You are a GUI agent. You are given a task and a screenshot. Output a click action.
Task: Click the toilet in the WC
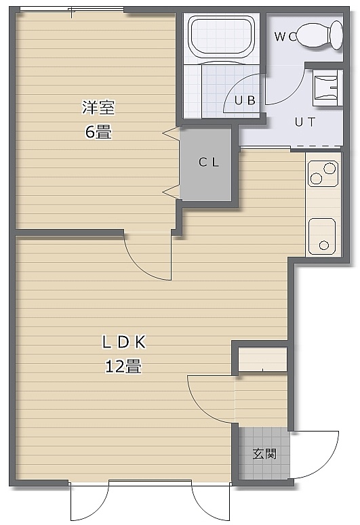(320, 35)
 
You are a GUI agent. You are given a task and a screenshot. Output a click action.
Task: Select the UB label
(245, 100)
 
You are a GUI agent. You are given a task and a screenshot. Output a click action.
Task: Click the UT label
(305, 122)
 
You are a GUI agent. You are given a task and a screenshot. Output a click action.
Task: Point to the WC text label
(285, 37)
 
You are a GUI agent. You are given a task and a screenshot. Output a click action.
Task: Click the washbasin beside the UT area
(325, 87)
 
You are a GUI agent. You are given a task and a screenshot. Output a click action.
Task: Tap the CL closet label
(209, 163)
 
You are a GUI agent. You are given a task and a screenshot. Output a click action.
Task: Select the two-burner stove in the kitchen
(323, 173)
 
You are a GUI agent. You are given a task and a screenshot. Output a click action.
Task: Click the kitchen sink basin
(322, 236)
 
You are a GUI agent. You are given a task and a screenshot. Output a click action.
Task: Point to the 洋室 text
(98, 108)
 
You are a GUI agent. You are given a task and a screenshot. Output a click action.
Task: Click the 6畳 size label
(98, 131)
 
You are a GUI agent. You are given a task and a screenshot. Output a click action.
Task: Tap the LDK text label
(124, 342)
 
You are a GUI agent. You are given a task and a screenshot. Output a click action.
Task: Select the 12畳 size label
(123, 366)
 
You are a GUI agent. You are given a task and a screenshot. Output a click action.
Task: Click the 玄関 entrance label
(264, 454)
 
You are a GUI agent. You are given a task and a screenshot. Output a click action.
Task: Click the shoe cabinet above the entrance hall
(262, 359)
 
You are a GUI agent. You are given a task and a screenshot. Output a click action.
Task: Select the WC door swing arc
(295, 93)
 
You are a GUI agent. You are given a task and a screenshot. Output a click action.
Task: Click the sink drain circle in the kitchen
(323, 245)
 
